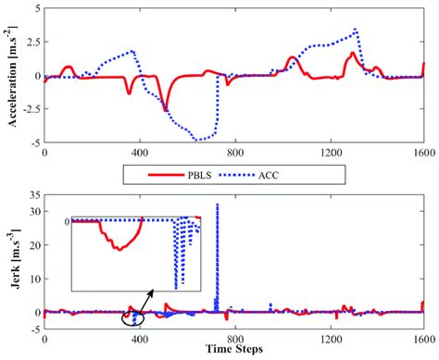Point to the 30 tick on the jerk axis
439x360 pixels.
click(31, 212)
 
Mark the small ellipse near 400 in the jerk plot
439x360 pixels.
click(133, 319)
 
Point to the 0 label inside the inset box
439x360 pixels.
click(68, 222)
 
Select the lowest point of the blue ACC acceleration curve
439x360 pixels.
click(197, 140)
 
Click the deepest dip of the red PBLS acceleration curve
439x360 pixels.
click(167, 110)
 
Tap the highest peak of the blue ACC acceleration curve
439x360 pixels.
click(357, 30)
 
